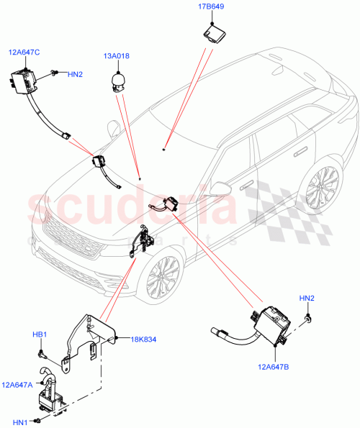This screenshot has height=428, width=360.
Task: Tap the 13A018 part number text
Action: click(x=115, y=55)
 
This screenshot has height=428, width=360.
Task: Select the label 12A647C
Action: click(x=24, y=52)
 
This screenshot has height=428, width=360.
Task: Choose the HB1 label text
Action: click(x=39, y=335)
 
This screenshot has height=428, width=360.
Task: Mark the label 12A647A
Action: click(x=17, y=386)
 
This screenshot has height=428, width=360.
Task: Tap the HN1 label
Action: click(x=18, y=422)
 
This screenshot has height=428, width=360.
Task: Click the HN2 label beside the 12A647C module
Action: click(x=75, y=73)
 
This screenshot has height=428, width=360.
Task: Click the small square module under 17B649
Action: click(x=213, y=33)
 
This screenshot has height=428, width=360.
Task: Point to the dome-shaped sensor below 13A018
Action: click(x=117, y=81)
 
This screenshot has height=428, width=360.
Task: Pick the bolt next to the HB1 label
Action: click(x=42, y=352)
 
